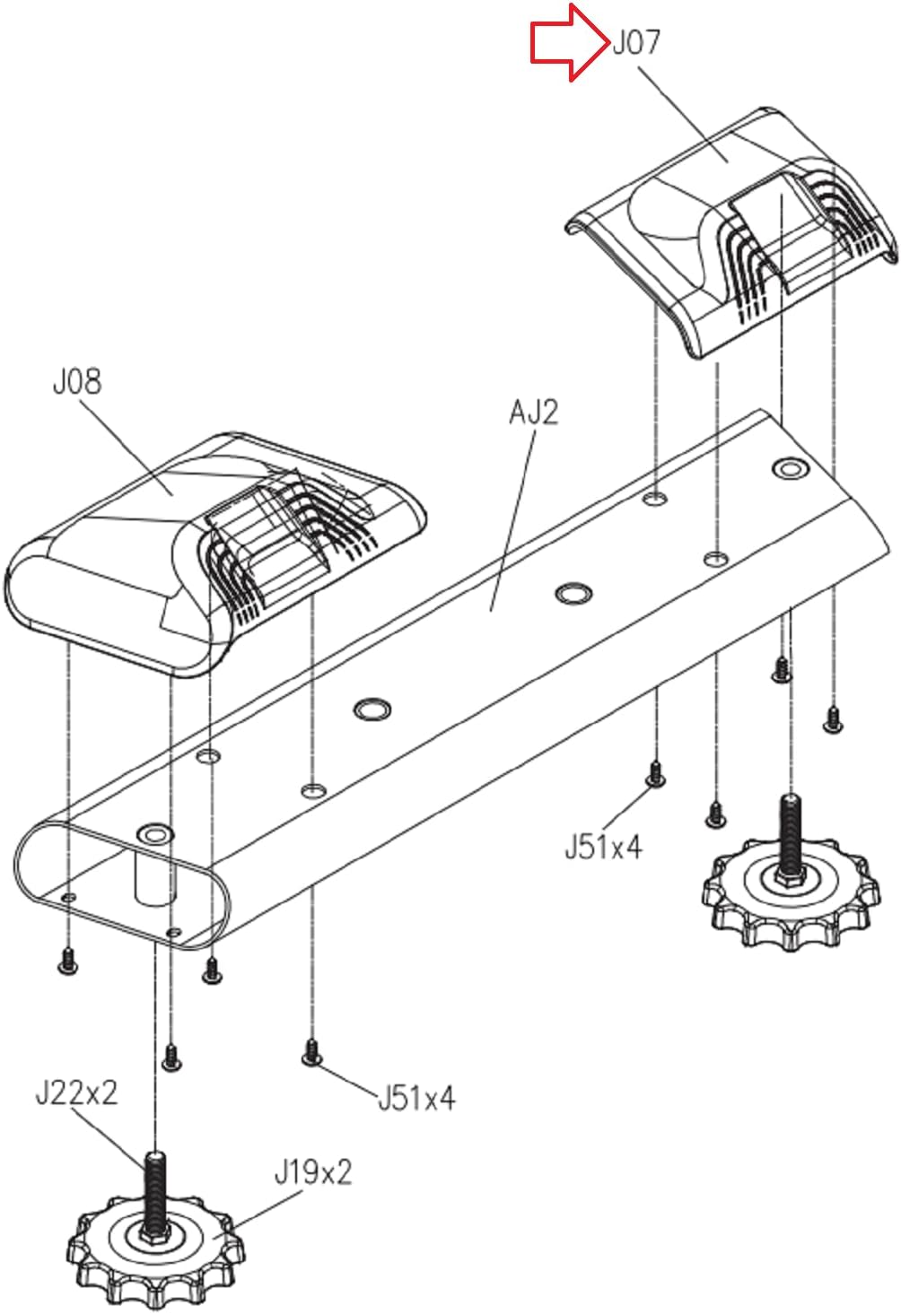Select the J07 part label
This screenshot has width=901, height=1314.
(x=636, y=42)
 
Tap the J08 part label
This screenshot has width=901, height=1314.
(x=77, y=381)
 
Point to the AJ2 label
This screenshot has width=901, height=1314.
(x=534, y=412)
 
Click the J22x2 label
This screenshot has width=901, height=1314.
(x=76, y=1092)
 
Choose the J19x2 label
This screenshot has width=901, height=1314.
(x=313, y=1172)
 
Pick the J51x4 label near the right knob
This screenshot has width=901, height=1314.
(x=603, y=846)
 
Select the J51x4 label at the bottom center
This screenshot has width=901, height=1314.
(x=416, y=1097)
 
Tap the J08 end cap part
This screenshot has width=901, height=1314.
(x=214, y=554)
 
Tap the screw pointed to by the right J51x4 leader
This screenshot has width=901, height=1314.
(x=655, y=774)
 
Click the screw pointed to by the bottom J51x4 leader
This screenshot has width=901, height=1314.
(x=311, y=1052)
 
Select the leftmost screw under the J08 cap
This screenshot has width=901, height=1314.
(x=69, y=961)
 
